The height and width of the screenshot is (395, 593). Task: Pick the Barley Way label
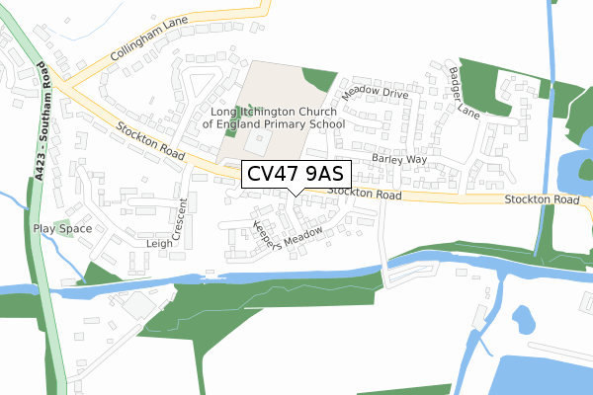[398, 159]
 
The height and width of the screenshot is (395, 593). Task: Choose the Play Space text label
[62, 229]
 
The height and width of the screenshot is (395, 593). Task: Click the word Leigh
[159, 243]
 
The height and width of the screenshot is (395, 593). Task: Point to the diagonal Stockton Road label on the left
[150, 144]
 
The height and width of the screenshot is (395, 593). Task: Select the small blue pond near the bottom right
[523, 318]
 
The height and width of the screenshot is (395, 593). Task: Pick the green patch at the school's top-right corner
[320, 81]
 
